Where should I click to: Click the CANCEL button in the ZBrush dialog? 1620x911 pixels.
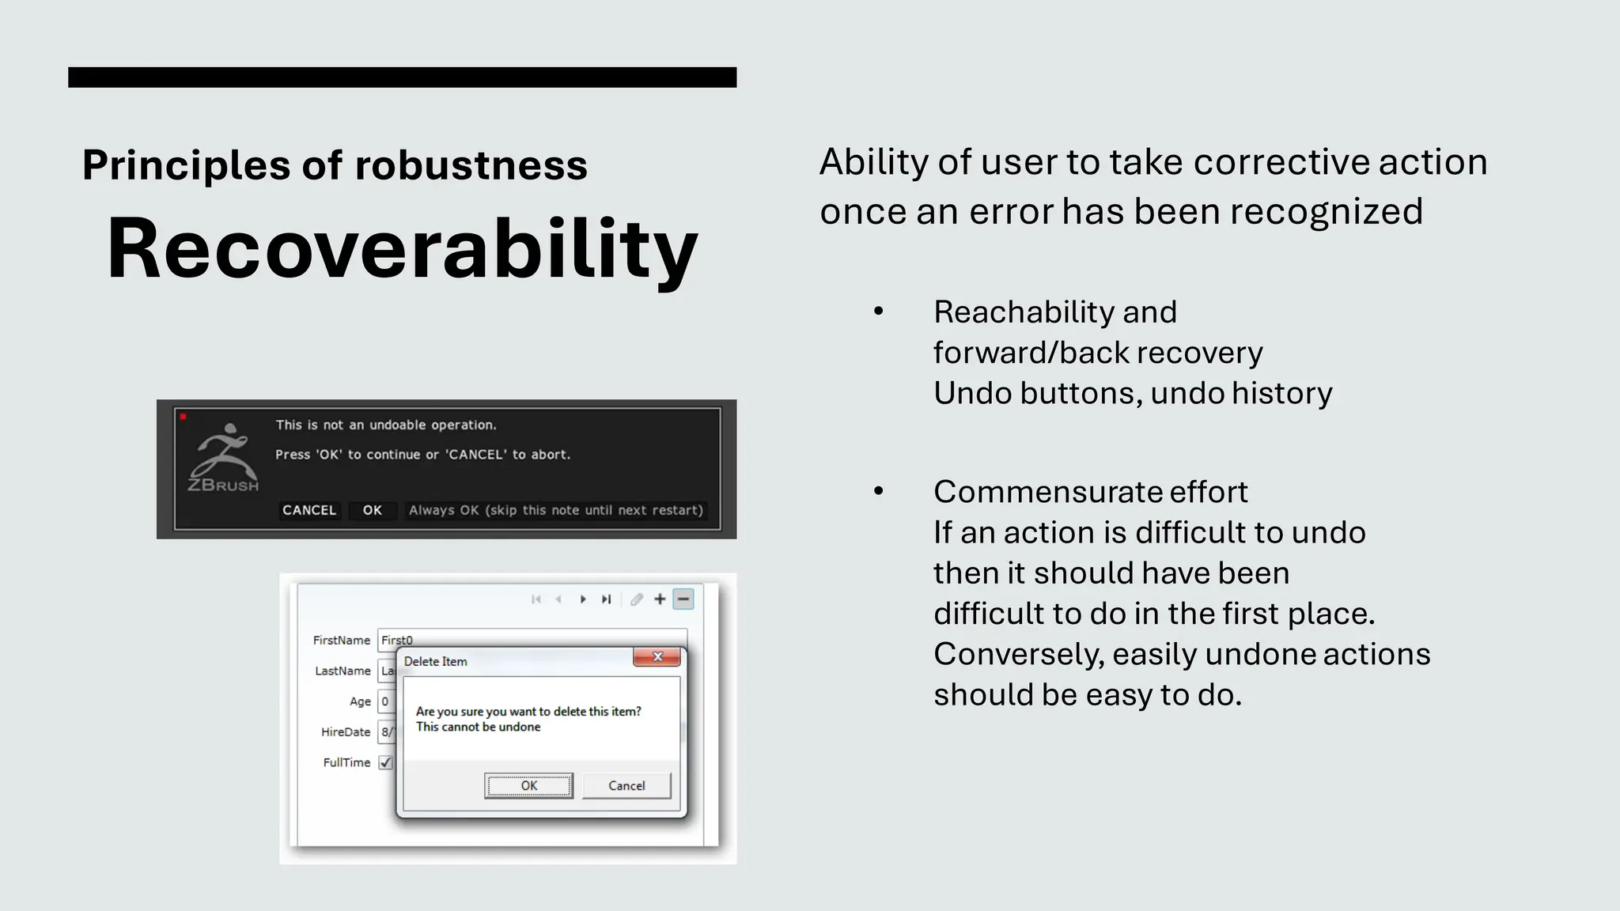pos(309,510)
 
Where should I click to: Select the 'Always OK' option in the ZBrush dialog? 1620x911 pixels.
pos(555,510)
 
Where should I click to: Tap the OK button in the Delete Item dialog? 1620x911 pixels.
pos(528,785)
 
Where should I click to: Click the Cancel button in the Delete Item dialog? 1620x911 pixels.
pos(626,785)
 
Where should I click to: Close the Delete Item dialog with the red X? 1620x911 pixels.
pos(657,657)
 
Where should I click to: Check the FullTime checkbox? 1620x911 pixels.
pos(385,762)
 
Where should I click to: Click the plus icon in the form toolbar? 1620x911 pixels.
pos(660,599)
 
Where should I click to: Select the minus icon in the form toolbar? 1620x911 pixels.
pos(683,599)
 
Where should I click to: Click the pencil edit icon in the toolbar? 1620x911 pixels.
pos(637,599)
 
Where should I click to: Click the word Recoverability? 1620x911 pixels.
pos(402,249)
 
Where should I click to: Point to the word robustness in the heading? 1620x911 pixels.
pos(471,165)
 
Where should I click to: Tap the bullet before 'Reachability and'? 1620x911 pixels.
pos(878,312)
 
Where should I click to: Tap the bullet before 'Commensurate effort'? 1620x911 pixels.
pos(878,491)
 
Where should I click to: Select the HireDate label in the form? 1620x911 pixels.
pos(346,732)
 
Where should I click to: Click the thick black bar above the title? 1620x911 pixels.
pos(402,77)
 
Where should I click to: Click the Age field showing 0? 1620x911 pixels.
pos(386,701)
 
